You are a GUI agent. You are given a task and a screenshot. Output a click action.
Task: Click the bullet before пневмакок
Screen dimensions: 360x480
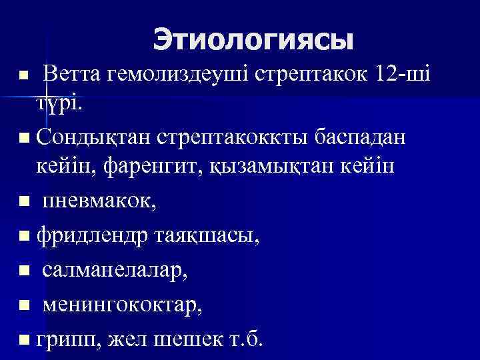[25, 202]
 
